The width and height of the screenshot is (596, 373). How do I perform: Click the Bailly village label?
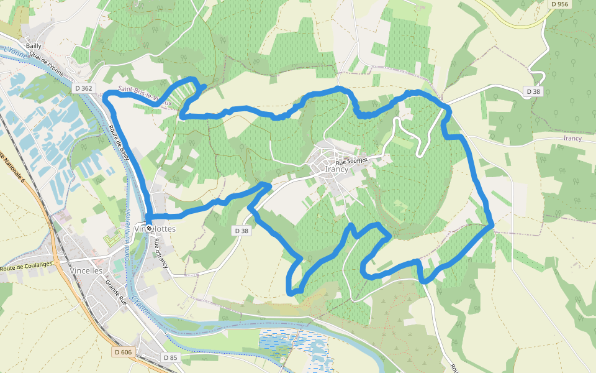(x=33, y=46)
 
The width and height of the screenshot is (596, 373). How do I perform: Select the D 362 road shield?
(x=83, y=88)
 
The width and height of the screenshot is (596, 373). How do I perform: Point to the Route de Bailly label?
(x=119, y=143)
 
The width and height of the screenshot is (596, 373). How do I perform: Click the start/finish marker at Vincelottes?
(x=149, y=228)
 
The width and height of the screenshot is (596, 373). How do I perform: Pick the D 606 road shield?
(x=124, y=352)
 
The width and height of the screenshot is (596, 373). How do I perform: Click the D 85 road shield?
(x=171, y=357)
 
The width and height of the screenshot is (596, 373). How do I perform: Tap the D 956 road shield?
(x=559, y=4)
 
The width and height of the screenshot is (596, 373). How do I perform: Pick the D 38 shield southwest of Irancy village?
(x=242, y=231)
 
